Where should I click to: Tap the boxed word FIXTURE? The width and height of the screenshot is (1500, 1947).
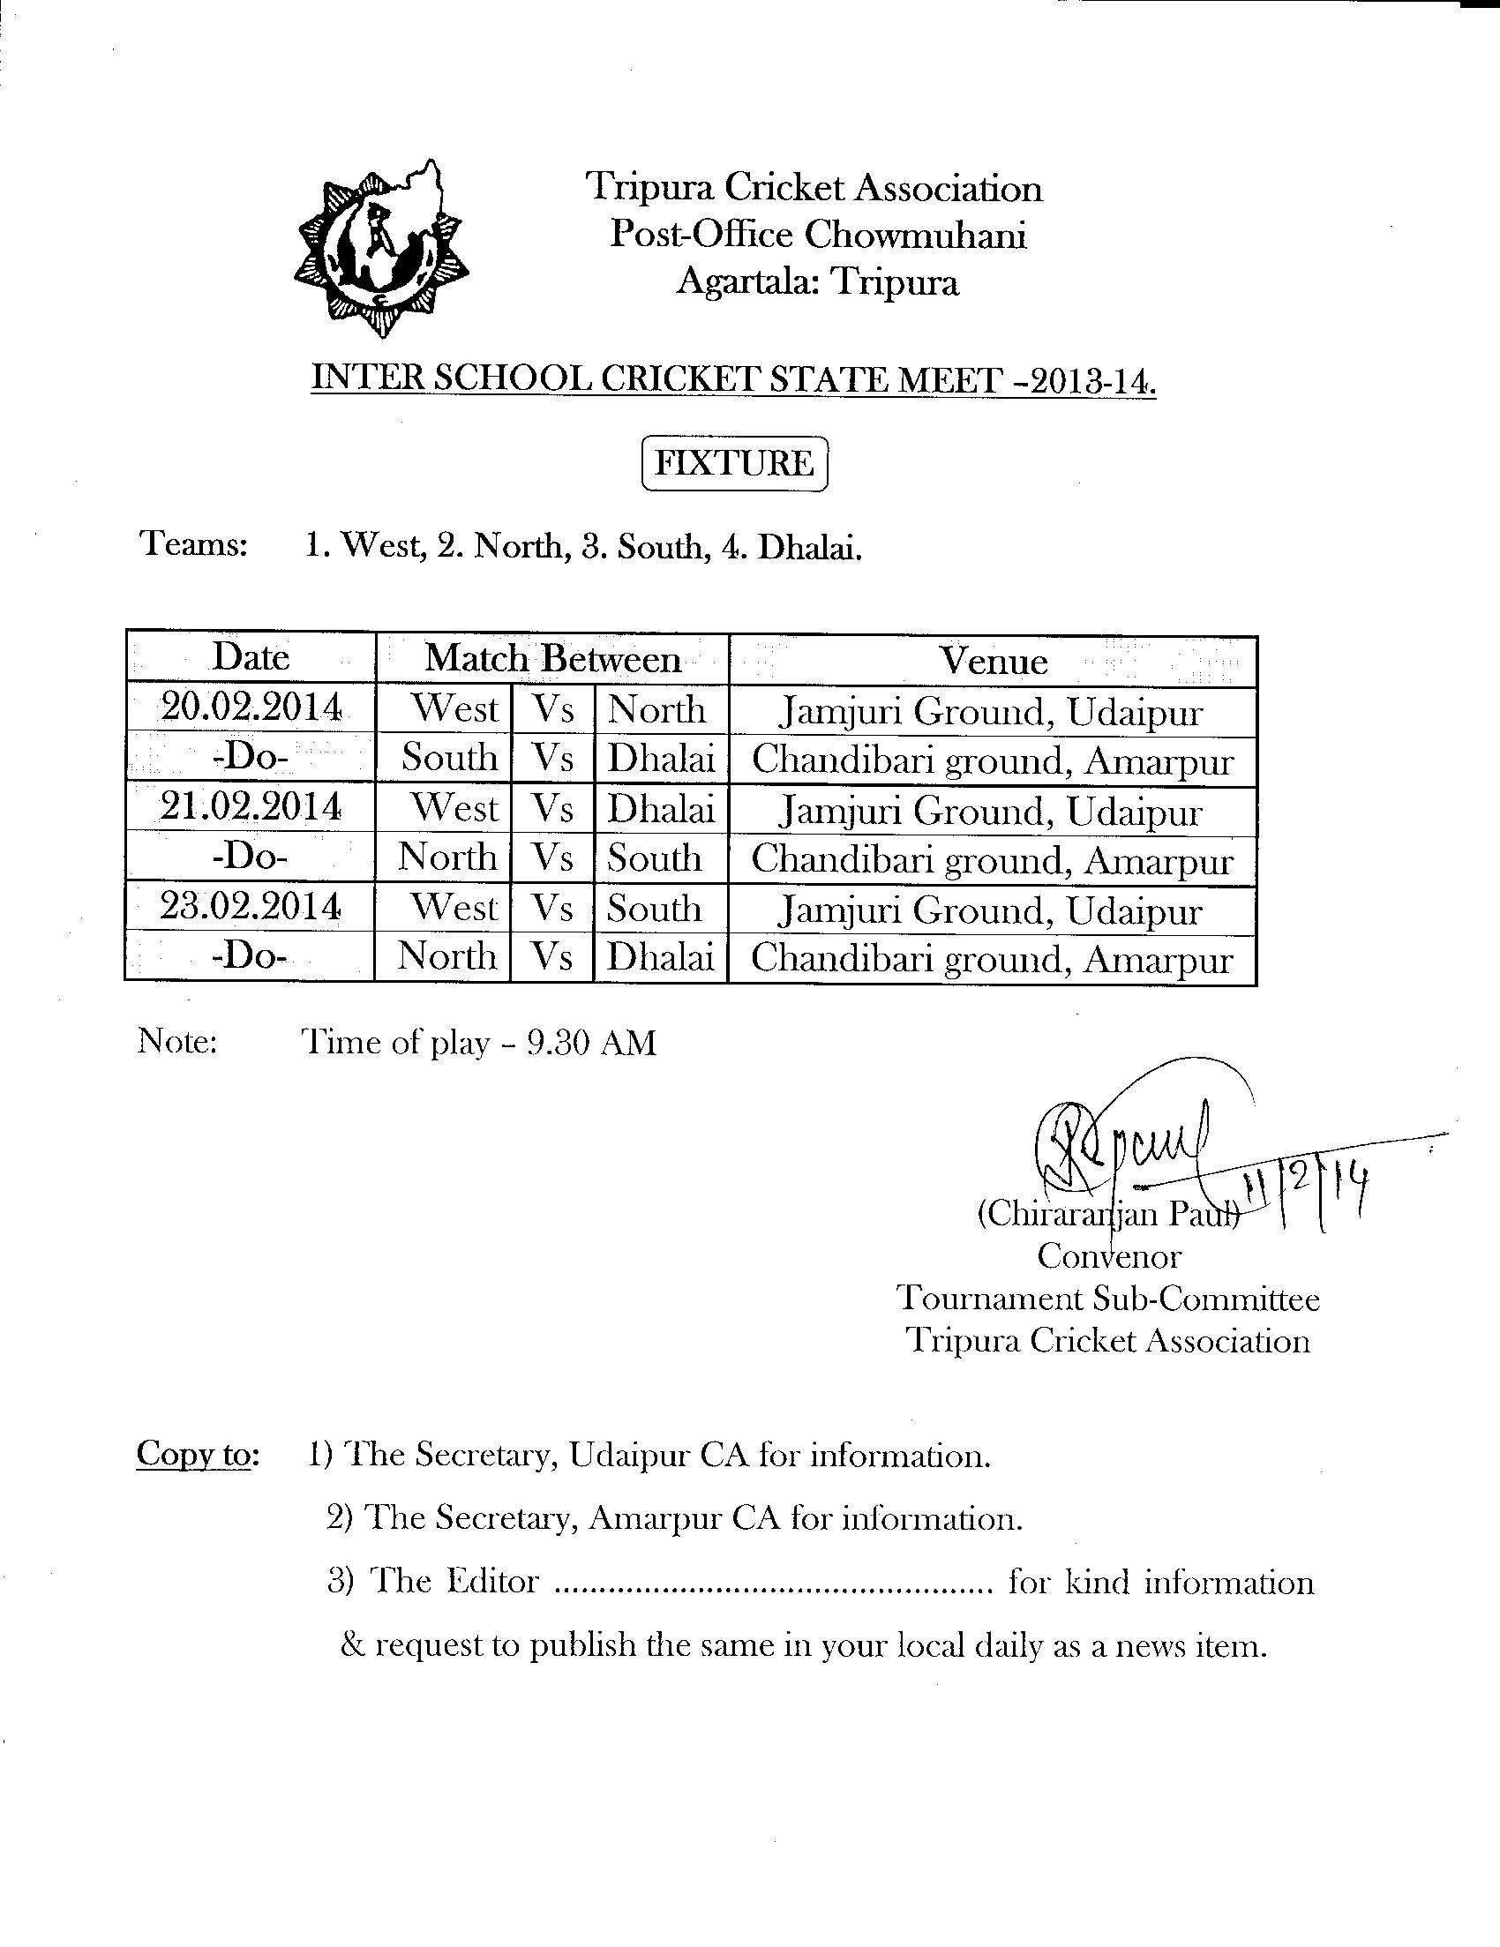pyautogui.click(x=735, y=463)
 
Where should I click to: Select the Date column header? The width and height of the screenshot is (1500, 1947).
pyautogui.click(x=251, y=658)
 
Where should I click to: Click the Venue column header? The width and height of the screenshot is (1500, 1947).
pyautogui.click(x=993, y=662)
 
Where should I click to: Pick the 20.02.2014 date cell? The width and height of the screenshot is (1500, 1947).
pyautogui.click(x=251, y=708)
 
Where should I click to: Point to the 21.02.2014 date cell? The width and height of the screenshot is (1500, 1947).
pyautogui.click(x=251, y=808)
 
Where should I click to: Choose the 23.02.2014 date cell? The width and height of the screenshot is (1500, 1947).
pyautogui.click(x=251, y=907)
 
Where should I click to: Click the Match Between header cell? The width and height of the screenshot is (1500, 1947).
pyautogui.click(x=552, y=660)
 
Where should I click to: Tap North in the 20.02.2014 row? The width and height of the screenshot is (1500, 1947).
pyautogui.click(x=657, y=710)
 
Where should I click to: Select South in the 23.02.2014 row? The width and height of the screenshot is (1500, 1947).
pyautogui.click(x=655, y=909)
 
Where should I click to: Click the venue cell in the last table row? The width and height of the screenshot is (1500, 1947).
pyautogui.click(x=992, y=959)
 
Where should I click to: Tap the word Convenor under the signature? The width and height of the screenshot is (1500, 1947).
pyautogui.click(x=1108, y=1256)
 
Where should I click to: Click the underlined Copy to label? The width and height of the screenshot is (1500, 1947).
pyautogui.click(x=197, y=1454)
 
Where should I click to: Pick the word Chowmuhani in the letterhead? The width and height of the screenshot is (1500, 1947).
pyautogui.click(x=916, y=236)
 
